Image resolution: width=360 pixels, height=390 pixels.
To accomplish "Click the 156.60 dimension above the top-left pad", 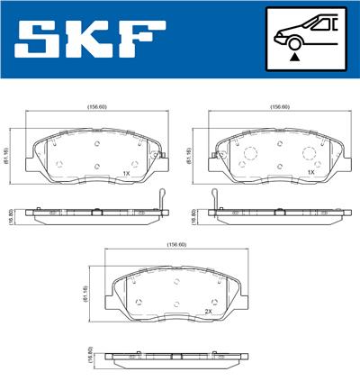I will tap(95, 107).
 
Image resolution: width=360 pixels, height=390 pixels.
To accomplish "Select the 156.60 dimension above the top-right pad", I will tap(279, 107).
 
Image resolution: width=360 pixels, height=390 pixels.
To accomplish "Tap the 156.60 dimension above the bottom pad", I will tap(176, 245).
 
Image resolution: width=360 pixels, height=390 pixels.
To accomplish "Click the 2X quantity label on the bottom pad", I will tap(208, 311).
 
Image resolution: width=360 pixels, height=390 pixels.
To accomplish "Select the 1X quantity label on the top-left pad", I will tap(127, 172).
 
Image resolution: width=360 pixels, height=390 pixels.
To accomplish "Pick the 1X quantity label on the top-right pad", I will tap(310, 172).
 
